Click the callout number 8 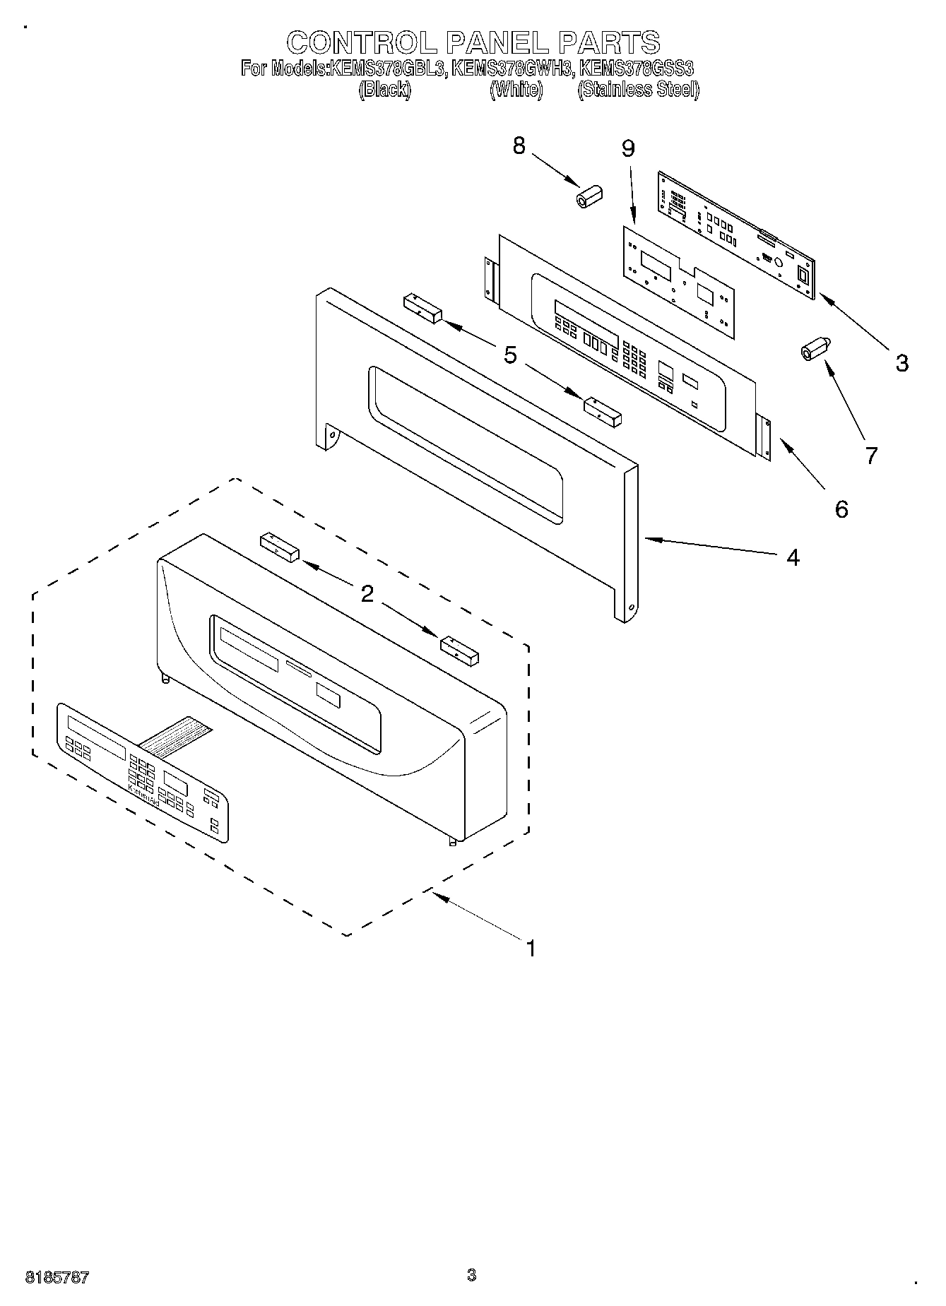coord(519,146)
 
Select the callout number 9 coord(627,149)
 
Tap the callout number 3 coord(901,363)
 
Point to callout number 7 coord(871,456)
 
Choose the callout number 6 coord(841,509)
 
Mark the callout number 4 coord(793,557)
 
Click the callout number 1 coord(530,948)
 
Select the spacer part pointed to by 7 coord(815,349)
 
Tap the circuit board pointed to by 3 coord(737,233)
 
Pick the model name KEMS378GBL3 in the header coord(386,69)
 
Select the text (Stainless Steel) coord(638,90)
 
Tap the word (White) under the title coord(516,90)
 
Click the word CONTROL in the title coord(362,42)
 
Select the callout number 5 coord(510,355)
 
